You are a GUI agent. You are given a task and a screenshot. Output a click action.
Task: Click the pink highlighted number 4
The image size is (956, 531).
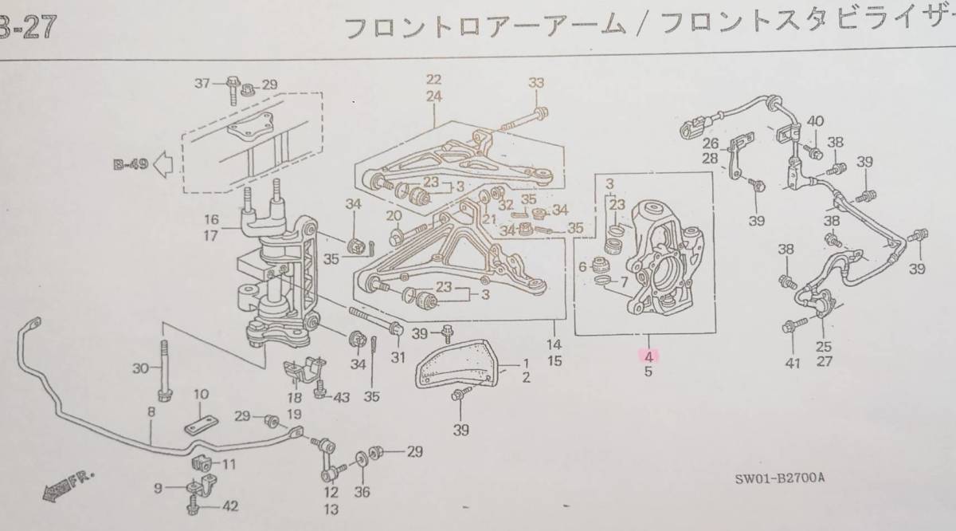(x=649, y=356)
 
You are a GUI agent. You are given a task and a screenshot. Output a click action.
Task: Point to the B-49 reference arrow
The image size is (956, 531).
(x=148, y=166)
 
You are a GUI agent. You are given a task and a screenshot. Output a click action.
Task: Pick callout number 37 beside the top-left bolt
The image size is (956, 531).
(x=203, y=83)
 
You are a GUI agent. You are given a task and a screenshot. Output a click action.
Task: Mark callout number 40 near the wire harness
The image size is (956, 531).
(x=814, y=121)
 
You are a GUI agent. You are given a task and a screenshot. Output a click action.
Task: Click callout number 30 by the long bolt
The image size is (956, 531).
(x=140, y=368)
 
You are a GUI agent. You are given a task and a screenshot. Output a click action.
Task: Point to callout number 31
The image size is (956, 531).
(x=398, y=356)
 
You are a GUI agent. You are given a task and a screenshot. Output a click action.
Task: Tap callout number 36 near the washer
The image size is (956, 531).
(x=363, y=492)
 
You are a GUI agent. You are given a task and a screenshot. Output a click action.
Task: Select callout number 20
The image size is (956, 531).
(x=394, y=216)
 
